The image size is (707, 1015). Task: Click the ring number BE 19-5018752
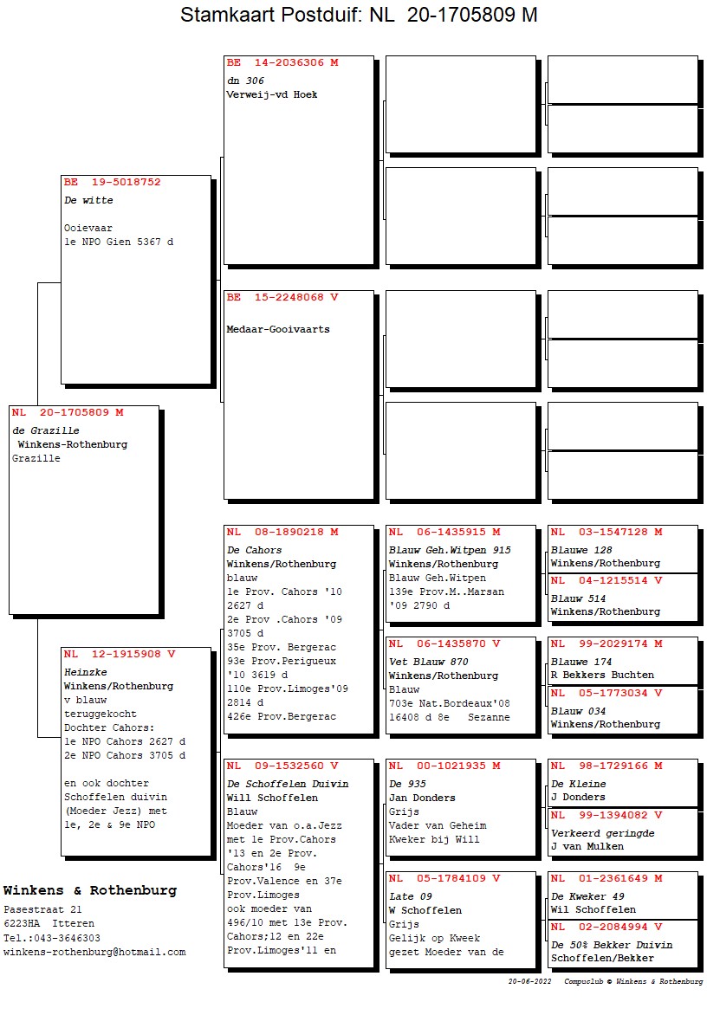[x=112, y=183]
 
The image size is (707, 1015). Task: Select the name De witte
[x=88, y=200]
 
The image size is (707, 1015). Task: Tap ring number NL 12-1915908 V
[x=119, y=655]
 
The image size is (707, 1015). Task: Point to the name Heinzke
[x=84, y=672]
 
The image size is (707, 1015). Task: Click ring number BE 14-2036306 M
[x=282, y=63]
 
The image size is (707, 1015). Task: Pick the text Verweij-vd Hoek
[x=271, y=94]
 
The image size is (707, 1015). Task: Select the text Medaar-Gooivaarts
[x=278, y=329]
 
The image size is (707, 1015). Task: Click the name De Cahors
[x=254, y=550]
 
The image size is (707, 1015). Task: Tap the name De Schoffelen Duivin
[x=288, y=784]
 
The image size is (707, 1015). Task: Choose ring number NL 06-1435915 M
[x=444, y=533]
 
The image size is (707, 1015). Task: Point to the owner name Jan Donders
[x=422, y=798]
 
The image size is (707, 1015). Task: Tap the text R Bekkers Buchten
[x=602, y=675]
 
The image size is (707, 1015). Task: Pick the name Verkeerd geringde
[x=602, y=833]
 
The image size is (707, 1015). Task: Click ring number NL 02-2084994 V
[x=606, y=928]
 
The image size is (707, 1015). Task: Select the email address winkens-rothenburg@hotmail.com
[x=94, y=952]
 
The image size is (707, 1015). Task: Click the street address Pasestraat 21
[x=42, y=910]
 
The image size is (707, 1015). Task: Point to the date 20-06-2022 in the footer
[x=529, y=982]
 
